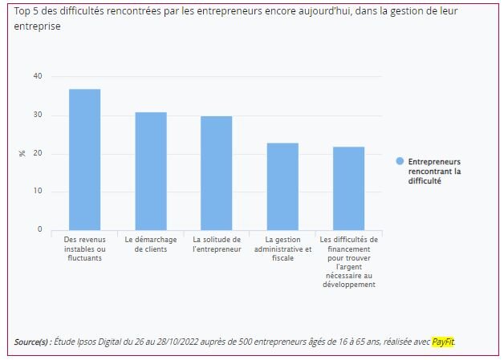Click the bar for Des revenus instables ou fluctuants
(84, 160)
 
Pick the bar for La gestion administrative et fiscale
(282, 186)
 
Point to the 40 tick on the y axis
(37, 77)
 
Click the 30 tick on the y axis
(37, 115)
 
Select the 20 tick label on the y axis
(37, 153)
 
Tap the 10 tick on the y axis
(37, 192)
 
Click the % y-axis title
(22, 153)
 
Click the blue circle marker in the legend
(400, 161)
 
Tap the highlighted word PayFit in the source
(443, 342)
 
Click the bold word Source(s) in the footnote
(33, 342)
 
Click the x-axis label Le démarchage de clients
(150, 244)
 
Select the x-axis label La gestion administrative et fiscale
(282, 249)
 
